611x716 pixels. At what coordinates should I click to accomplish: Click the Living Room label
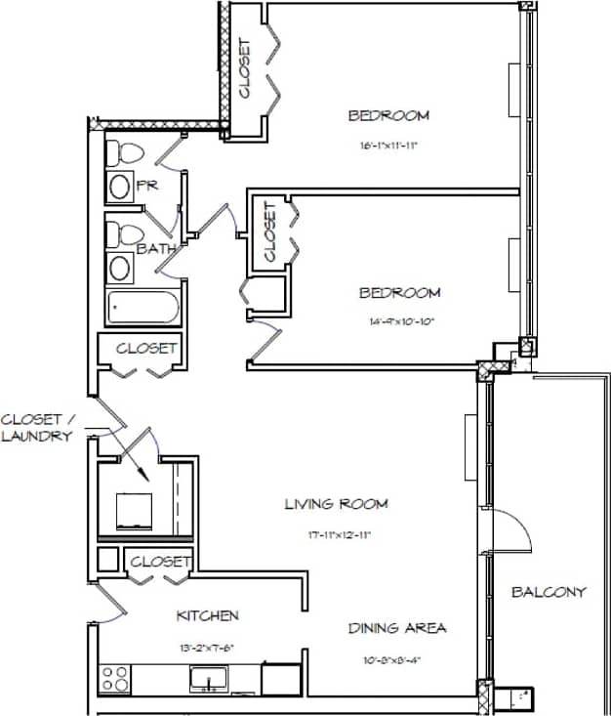click(x=336, y=504)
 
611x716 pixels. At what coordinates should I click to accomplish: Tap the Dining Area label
click(x=397, y=628)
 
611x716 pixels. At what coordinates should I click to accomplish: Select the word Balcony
click(x=549, y=592)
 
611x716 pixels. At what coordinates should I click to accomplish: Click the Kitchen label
click(x=207, y=615)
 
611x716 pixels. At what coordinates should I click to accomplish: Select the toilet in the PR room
click(x=123, y=153)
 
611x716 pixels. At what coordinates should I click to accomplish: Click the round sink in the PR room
click(x=120, y=187)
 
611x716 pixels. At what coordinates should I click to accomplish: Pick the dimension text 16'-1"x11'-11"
click(x=388, y=147)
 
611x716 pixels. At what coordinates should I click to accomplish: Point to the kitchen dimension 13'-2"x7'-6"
click(x=207, y=647)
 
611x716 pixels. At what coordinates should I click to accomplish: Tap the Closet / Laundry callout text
click(x=37, y=428)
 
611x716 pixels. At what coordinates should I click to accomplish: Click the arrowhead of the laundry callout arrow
click(x=143, y=477)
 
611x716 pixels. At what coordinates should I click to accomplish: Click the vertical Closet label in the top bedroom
click(x=244, y=68)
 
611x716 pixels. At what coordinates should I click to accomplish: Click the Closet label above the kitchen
click(x=159, y=561)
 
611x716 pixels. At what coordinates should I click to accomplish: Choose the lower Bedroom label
click(x=399, y=292)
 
